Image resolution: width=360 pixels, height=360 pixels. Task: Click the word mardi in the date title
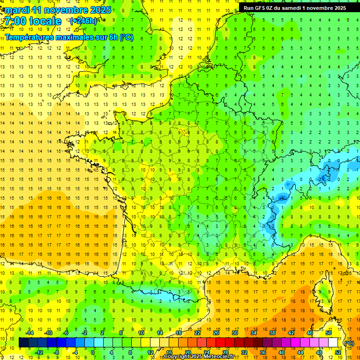(x=17, y=10)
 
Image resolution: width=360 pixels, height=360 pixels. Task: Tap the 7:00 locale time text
(x=32, y=21)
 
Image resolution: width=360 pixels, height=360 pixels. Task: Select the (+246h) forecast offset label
(x=83, y=21)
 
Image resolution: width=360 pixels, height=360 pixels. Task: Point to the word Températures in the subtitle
(x=28, y=37)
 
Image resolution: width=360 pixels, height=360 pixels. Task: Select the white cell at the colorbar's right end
(x=333, y=343)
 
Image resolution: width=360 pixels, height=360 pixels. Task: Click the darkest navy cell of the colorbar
(x=23, y=343)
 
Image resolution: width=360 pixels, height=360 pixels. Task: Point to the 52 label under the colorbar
(x=338, y=352)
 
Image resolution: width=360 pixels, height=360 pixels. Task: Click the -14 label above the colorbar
(x=30, y=333)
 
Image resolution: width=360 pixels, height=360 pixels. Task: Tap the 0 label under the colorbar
(x=93, y=352)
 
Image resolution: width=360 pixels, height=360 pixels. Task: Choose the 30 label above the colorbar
(x=234, y=333)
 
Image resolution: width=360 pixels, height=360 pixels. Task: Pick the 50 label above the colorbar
(x=328, y=333)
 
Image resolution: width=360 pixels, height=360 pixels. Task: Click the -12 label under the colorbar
(x=39, y=352)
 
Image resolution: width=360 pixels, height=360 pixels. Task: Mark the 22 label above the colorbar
(x=197, y=333)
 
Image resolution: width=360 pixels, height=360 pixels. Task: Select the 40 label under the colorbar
(x=282, y=352)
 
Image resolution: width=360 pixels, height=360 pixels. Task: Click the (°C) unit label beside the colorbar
(x=349, y=343)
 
